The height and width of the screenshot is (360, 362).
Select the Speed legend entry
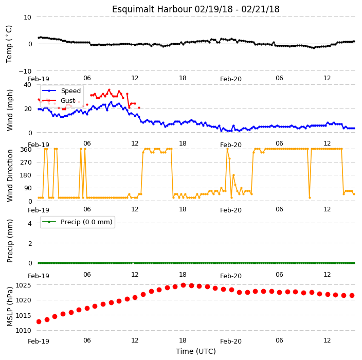61,91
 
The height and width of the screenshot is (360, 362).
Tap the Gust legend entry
59,101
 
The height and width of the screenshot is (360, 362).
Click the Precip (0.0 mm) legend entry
77,222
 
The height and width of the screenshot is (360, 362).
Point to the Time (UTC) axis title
196,351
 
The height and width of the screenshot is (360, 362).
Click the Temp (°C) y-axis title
9,44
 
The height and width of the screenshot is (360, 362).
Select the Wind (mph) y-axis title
10,110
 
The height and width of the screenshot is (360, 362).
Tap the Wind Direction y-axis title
10,176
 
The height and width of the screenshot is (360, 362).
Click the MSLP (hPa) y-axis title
10,307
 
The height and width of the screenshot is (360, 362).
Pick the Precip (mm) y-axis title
10,241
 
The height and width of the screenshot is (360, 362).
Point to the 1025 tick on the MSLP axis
23,285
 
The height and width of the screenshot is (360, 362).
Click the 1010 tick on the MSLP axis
23,331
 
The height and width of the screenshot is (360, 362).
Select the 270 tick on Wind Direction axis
26,163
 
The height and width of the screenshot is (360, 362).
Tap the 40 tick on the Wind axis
27,85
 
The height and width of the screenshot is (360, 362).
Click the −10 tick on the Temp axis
25,71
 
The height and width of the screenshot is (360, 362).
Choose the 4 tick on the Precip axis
30,223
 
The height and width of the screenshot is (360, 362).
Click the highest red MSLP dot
183,285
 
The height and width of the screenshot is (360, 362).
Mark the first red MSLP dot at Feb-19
39,321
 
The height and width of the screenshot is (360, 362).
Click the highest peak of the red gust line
109,90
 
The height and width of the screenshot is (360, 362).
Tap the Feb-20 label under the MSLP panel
231,341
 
